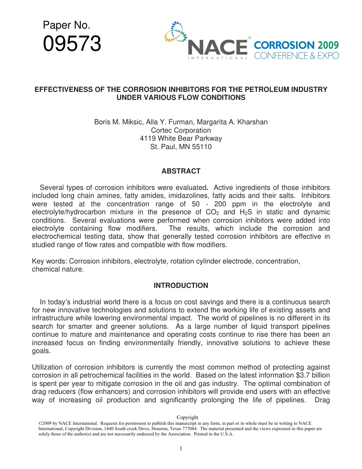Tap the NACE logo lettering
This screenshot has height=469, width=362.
click(x=218, y=47)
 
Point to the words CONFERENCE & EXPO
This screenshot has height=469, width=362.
click(x=296, y=56)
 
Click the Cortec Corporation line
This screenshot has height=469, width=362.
click(x=181, y=130)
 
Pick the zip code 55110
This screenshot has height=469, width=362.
click(x=202, y=147)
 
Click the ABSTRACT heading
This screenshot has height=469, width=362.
click(x=181, y=171)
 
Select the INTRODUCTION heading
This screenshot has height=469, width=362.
click(x=181, y=286)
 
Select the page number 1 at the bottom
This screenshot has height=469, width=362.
click(x=181, y=448)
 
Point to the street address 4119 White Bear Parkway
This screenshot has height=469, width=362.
click(x=181, y=138)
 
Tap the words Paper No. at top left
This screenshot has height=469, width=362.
click(x=67, y=26)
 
